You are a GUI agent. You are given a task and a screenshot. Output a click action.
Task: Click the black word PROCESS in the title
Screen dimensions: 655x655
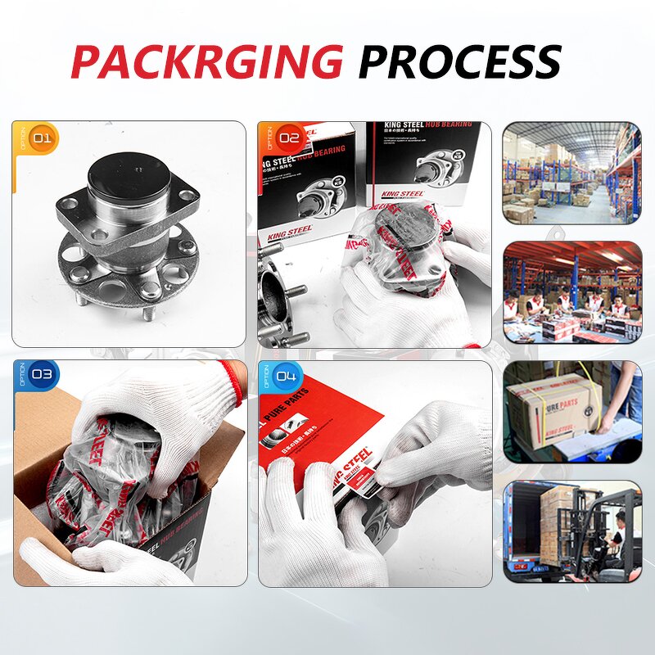(459, 61)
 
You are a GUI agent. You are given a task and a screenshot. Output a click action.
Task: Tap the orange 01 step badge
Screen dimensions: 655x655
(41, 138)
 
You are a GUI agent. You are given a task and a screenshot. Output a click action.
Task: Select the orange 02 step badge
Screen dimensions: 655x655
(287, 138)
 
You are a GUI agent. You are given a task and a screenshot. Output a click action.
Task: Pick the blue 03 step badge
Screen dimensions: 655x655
(41, 375)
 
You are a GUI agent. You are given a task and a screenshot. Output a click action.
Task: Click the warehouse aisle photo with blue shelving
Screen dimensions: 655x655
(571, 173)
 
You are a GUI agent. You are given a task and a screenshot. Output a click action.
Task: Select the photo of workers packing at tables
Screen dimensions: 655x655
(571, 291)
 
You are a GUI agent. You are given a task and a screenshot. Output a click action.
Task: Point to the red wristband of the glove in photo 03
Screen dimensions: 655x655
(235, 379)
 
